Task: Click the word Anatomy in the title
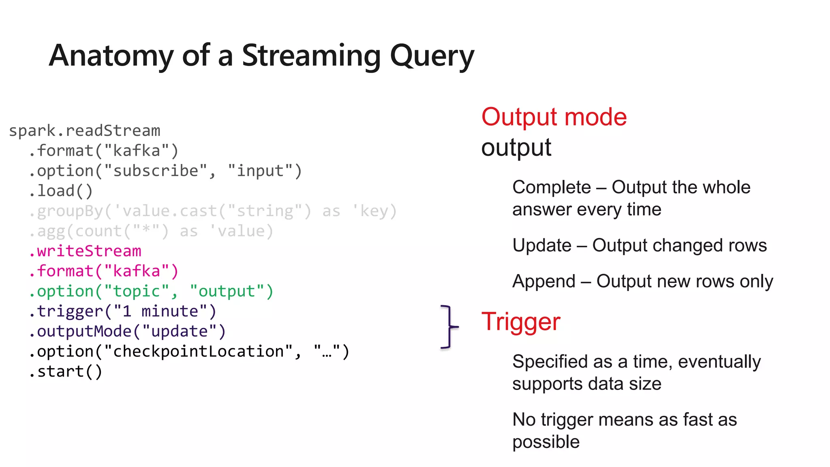111,56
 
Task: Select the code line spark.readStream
84,131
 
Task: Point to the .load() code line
61,191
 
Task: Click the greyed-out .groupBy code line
213,211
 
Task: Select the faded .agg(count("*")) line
151,231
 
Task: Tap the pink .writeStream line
85,251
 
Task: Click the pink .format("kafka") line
103,271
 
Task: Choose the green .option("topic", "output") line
151,291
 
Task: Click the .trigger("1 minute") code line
123,311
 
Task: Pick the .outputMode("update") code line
127,332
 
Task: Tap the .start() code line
66,372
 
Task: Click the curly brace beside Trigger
449,326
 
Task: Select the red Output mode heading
554,117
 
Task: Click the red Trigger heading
521,322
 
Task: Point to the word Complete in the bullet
551,187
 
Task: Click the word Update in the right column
542,246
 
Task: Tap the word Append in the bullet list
544,281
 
